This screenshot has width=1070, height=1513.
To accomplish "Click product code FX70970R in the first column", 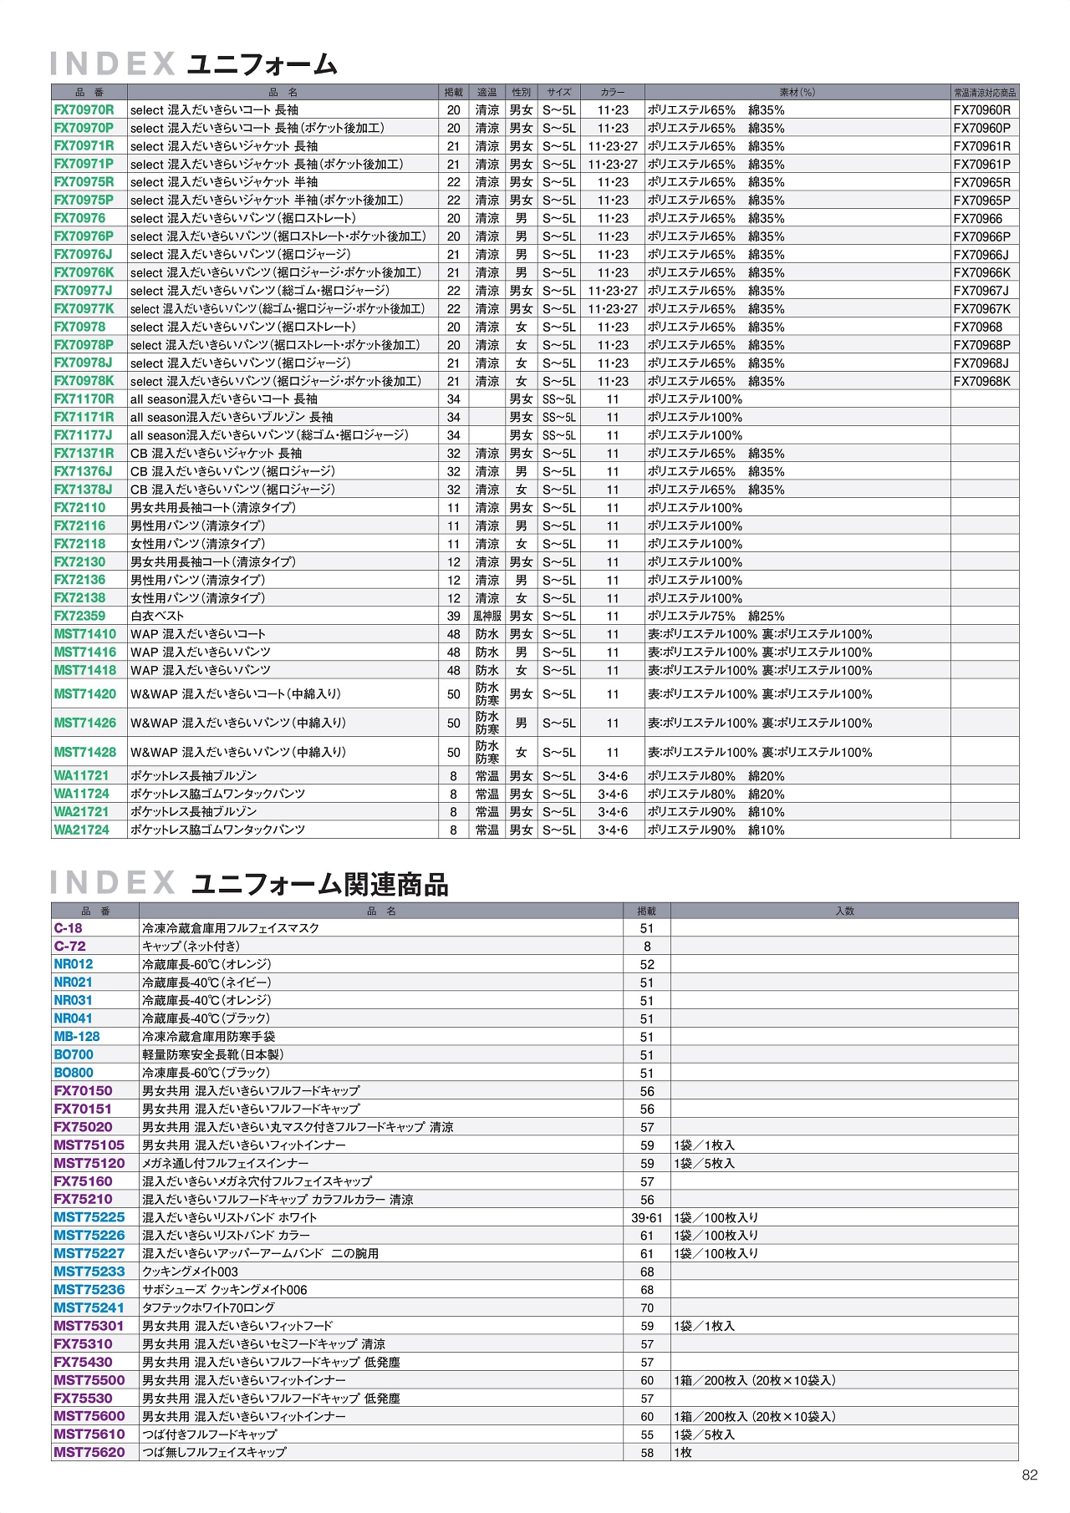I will (x=84, y=109).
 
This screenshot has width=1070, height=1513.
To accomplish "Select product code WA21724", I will (x=81, y=830).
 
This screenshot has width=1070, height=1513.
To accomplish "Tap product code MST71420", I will (x=84, y=693).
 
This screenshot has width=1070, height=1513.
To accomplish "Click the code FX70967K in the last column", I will (x=981, y=309).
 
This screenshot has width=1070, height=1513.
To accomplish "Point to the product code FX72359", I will (x=79, y=616).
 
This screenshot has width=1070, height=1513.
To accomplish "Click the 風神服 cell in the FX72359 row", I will (x=487, y=616).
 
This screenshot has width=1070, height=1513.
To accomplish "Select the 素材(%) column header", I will (x=797, y=92).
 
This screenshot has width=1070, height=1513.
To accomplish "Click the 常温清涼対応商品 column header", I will (x=985, y=92).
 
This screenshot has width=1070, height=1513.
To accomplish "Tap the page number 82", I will (x=1029, y=1475).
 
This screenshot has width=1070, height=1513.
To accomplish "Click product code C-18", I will (x=68, y=928).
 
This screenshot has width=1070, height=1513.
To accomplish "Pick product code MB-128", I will (x=77, y=1037).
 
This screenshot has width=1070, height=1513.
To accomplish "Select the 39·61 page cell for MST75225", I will (x=646, y=1218).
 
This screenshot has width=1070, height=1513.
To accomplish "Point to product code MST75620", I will (x=89, y=1453).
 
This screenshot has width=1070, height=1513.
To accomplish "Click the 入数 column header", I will (x=844, y=911).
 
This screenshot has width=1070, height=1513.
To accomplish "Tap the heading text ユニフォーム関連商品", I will (x=320, y=884).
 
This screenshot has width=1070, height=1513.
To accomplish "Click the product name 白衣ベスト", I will (x=157, y=616).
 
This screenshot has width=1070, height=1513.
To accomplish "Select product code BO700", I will (x=74, y=1055).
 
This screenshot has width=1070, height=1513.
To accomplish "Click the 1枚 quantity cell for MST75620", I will (x=683, y=1453).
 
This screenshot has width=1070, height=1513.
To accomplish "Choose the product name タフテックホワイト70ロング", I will (x=208, y=1308).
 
